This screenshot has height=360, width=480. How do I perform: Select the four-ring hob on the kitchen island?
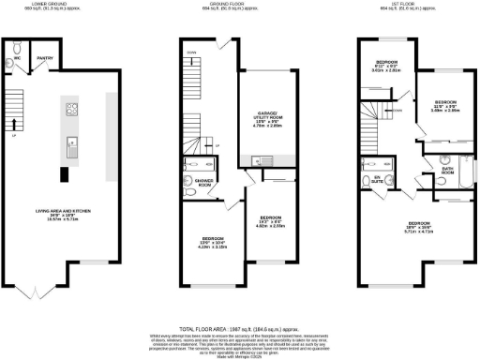click(70, 110)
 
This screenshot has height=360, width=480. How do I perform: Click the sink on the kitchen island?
click(70, 146)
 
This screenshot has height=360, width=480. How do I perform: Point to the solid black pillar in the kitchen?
click(64, 174)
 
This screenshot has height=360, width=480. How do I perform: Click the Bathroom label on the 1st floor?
click(447, 172)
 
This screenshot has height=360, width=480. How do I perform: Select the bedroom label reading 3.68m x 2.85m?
click(444, 104)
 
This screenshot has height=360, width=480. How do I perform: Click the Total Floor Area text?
click(239, 331)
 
